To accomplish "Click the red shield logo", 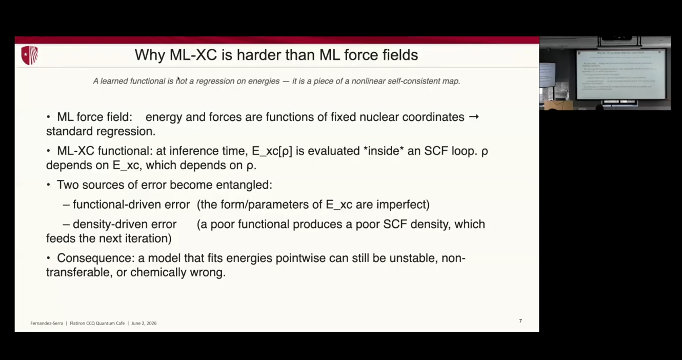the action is click(30, 55).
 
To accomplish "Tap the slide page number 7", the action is click(520, 321).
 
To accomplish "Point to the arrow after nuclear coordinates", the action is click(474, 116).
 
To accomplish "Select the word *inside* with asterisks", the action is click(384, 151).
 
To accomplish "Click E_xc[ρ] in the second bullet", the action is click(272, 151).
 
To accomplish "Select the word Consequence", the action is click(95, 258).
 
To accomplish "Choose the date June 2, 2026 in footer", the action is click(144, 323).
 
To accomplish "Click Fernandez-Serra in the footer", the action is click(47, 323).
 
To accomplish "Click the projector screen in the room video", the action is click(621, 74).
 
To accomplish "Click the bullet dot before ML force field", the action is click(48, 117).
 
